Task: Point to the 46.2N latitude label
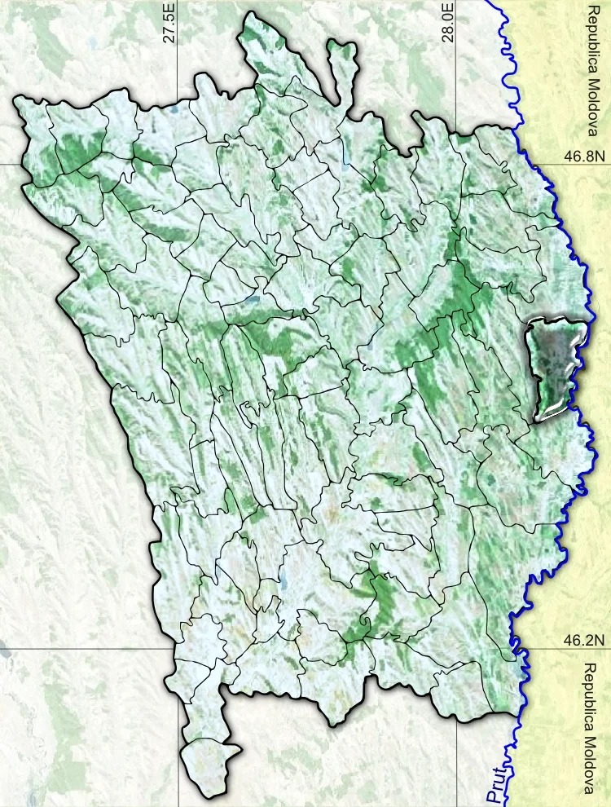(583, 641)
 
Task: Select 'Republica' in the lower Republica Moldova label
(592, 694)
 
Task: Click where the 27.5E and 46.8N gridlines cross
(178, 163)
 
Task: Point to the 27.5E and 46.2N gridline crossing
(178, 650)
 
